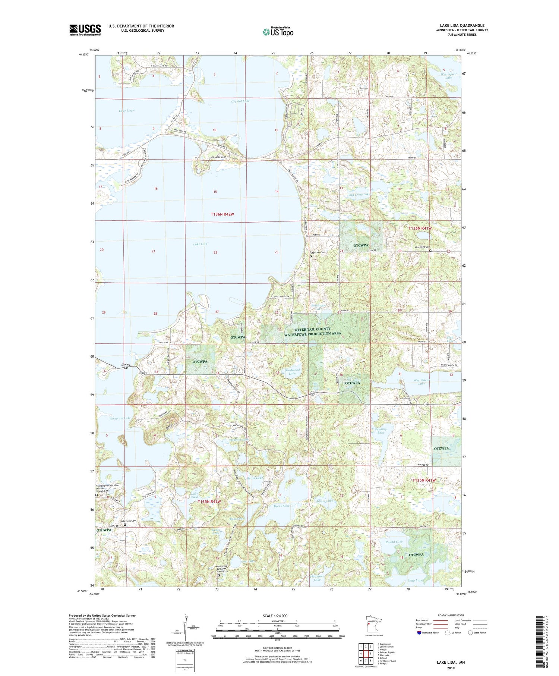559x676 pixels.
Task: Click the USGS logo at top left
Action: [x=85, y=30]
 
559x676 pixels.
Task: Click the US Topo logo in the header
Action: [x=278, y=32]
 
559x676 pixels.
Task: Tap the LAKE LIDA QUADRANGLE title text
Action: [x=462, y=25]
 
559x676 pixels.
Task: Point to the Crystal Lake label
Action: [x=240, y=101]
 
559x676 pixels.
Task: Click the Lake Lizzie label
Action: [x=127, y=111]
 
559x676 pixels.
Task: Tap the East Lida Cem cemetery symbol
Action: [x=310, y=256]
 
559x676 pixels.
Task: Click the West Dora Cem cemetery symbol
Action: [x=430, y=251]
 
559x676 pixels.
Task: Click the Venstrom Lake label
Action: [x=120, y=418]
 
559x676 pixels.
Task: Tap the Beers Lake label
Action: [x=281, y=506]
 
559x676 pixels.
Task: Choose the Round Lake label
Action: [x=394, y=541]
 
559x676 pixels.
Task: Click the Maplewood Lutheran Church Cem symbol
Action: [x=219, y=575]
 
